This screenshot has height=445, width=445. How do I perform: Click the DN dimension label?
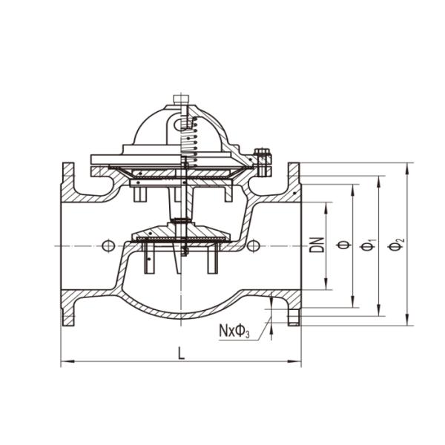[317, 245]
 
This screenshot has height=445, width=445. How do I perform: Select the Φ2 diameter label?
[400, 244]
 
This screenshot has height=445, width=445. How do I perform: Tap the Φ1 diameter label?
[372, 245]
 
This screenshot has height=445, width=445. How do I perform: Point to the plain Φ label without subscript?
[343, 245]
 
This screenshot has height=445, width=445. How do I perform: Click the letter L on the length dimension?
[182, 354]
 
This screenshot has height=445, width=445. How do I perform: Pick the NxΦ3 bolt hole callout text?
[234, 329]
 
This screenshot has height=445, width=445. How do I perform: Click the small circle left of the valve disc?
[108, 245]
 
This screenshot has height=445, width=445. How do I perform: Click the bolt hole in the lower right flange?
[294, 318]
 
